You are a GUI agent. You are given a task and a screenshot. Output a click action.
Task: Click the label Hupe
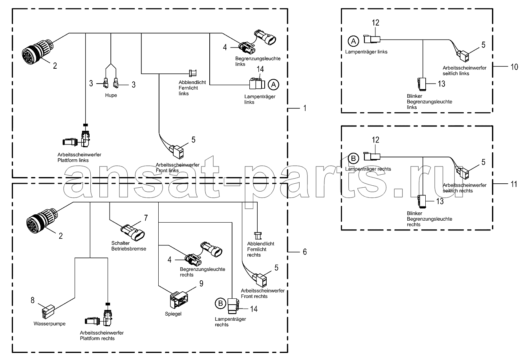[111, 95]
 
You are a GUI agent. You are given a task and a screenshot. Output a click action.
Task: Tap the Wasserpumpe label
[49, 323]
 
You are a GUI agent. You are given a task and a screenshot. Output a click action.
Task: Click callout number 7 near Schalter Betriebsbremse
[146, 217]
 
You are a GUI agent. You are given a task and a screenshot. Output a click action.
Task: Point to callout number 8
[33, 300]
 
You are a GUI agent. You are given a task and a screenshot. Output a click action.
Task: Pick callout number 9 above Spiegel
[201, 283]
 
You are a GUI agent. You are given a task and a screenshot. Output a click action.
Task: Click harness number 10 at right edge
[514, 67]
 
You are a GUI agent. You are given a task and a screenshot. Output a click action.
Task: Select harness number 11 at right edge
[514, 184]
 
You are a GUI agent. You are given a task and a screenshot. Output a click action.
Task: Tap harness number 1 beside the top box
[305, 108]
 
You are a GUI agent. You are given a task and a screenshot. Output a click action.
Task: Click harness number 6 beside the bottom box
[305, 252]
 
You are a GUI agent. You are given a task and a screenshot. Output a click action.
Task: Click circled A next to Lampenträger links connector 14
[273, 84]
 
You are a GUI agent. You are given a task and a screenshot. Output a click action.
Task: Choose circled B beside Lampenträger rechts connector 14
[221, 303]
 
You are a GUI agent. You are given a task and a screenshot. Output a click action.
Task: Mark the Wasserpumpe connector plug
[48, 311]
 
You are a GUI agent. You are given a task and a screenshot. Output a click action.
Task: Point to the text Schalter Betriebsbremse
[129, 246]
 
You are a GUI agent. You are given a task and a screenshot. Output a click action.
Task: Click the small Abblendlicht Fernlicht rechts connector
[258, 236]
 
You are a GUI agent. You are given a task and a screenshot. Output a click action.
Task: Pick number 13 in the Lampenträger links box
[442, 84]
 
